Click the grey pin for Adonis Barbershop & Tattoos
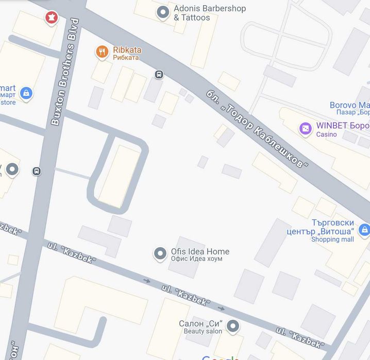(x=163, y=12)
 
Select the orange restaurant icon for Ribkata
(x=102, y=51)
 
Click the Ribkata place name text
(x=127, y=50)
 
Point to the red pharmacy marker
(x=51, y=19)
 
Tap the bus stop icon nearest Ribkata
(x=159, y=75)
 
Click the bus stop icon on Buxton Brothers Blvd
(x=37, y=171)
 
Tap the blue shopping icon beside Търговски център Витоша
(x=364, y=230)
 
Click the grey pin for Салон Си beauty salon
(x=233, y=326)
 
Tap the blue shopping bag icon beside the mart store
(x=26, y=93)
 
